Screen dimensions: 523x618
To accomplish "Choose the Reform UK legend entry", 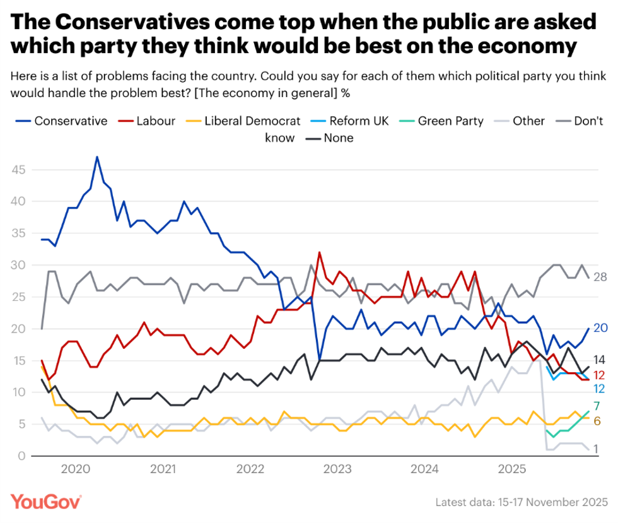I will [351, 120].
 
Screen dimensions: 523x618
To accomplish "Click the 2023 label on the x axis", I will [337, 469].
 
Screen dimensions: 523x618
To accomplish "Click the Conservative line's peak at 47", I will [97, 156].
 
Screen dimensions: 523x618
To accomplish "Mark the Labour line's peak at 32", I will [320, 252].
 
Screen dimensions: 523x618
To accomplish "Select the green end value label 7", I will [596, 406].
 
